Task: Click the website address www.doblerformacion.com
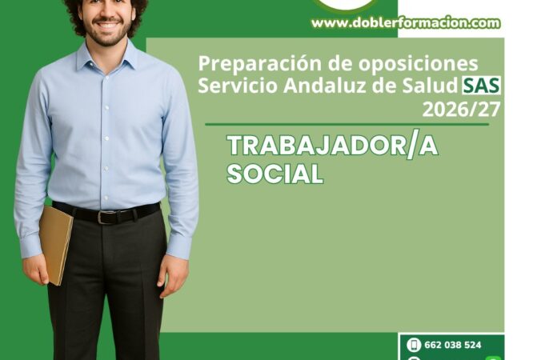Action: (406, 23)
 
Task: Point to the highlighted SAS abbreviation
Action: (481, 86)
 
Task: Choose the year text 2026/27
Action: (461, 110)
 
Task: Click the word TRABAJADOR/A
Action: (332, 146)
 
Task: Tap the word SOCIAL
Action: (275, 174)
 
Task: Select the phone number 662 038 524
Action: (453, 345)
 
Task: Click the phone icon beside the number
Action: (414, 345)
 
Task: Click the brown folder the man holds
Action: (56, 245)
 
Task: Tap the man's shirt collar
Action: (106, 56)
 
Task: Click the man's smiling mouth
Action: (106, 25)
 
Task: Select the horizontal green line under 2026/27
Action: (347, 125)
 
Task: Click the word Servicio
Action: (238, 86)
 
